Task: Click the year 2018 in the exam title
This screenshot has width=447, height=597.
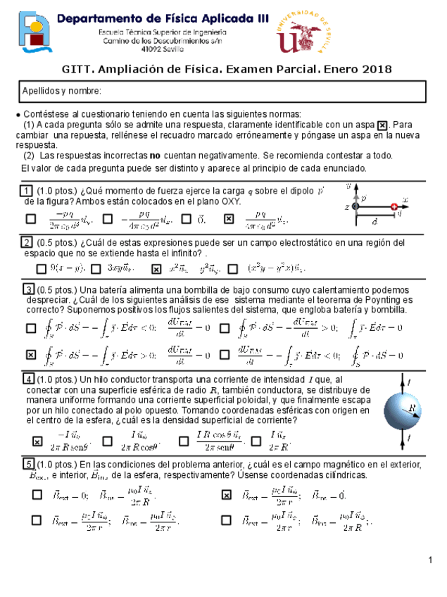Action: [377, 68]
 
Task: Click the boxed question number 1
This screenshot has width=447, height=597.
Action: [25, 191]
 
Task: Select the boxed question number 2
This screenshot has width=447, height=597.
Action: [25, 242]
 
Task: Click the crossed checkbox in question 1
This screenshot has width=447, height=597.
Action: [229, 219]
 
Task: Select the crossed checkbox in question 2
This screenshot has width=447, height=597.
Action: [156, 268]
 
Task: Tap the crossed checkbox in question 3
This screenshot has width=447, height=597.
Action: [31, 354]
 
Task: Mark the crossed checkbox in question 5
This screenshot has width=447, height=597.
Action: [226, 495]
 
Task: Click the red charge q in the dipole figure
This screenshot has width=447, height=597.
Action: [394, 206]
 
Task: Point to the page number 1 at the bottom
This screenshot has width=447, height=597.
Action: [430, 560]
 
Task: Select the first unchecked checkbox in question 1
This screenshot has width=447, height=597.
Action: [31, 219]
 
